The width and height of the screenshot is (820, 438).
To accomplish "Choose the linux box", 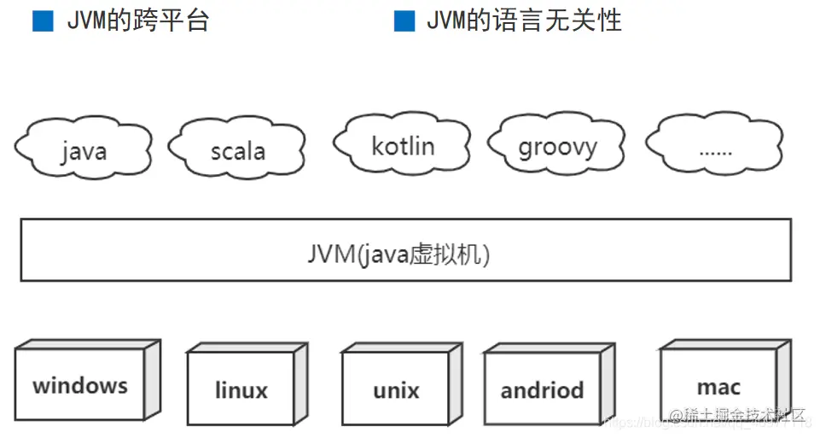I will point(241,389).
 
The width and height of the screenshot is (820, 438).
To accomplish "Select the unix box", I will point(395,389).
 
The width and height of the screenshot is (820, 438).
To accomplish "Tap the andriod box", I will point(542,389).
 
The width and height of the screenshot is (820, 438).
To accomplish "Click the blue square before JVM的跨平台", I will point(43,21).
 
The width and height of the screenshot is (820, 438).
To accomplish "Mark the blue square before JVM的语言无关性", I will point(404,21).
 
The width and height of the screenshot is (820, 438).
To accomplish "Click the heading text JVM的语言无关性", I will point(524,21).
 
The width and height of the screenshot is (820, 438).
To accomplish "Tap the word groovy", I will point(557,147).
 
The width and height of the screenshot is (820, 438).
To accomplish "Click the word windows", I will point(79,385).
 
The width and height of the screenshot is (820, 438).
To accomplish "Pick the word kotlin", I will point(403,145).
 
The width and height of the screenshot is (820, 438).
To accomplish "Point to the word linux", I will point(241,391).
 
